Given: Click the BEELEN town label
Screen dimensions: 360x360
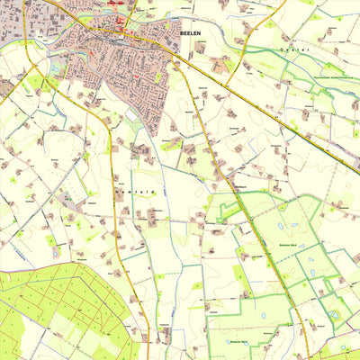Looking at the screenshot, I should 191,32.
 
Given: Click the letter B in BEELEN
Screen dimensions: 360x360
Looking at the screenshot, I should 181,32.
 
